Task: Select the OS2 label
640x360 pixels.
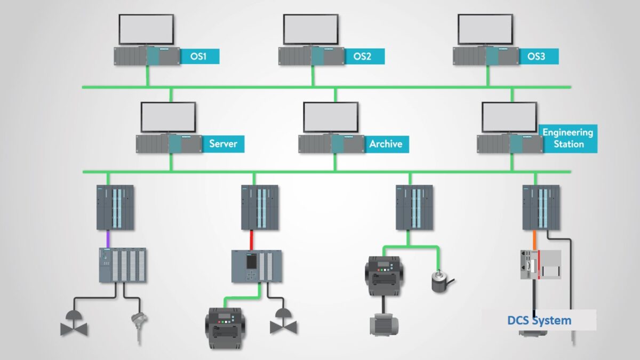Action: coord(362,56)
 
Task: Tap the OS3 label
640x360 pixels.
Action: coord(536,56)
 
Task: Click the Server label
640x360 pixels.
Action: coord(223,143)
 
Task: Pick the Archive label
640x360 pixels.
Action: coord(386,143)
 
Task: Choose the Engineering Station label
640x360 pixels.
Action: coord(568,138)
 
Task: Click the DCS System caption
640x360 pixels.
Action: coord(539,321)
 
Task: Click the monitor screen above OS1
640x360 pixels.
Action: coord(146,29)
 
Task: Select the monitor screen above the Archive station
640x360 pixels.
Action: coord(331,117)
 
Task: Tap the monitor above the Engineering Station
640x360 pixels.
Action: coord(509,117)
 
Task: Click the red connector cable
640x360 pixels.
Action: coord(252,238)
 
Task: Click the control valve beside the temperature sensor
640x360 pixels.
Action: coord(74,323)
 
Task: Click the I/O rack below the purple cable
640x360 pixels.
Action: coord(123,265)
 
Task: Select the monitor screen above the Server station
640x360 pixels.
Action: coord(168,117)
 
